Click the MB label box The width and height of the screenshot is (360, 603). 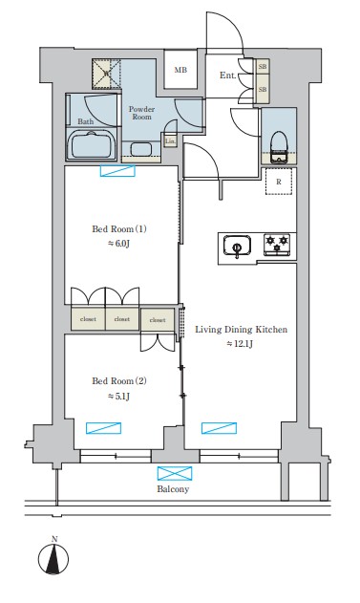point(180,70)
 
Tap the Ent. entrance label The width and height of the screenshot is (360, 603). point(228,75)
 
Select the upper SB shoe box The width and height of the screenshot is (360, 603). point(263,68)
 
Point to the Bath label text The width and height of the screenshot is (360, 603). point(85,121)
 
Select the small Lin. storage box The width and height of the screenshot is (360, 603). point(170,140)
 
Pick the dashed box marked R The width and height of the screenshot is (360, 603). point(278,181)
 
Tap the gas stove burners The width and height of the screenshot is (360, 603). point(278,246)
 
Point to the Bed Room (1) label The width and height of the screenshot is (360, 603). point(119,229)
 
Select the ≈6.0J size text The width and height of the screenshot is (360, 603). point(119,244)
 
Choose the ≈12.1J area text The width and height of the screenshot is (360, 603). point(240,344)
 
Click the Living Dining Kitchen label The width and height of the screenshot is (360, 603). point(240,330)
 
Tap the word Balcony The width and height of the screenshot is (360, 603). point(173,488)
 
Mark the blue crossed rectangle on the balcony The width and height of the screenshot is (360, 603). point(173,473)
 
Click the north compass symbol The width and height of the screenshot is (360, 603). point(54,558)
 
